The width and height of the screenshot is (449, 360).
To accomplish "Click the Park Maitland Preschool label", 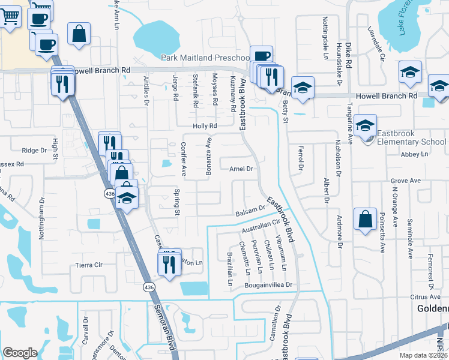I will click(x=205, y=58).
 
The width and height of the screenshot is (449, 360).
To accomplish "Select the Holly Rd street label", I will click(x=204, y=126).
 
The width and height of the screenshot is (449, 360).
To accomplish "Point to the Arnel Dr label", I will click(x=241, y=169).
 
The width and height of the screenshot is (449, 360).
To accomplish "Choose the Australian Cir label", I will click(x=261, y=227).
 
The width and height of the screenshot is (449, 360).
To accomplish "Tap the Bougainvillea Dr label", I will click(x=268, y=285).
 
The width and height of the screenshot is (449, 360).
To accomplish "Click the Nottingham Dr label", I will click(x=42, y=219).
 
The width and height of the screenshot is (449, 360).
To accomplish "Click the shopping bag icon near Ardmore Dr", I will click(x=365, y=219).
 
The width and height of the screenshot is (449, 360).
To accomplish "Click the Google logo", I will click(x=20, y=352).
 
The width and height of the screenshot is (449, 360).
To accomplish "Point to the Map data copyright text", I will click(x=424, y=355).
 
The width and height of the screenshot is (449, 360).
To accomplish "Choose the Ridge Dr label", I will click(x=34, y=151).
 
